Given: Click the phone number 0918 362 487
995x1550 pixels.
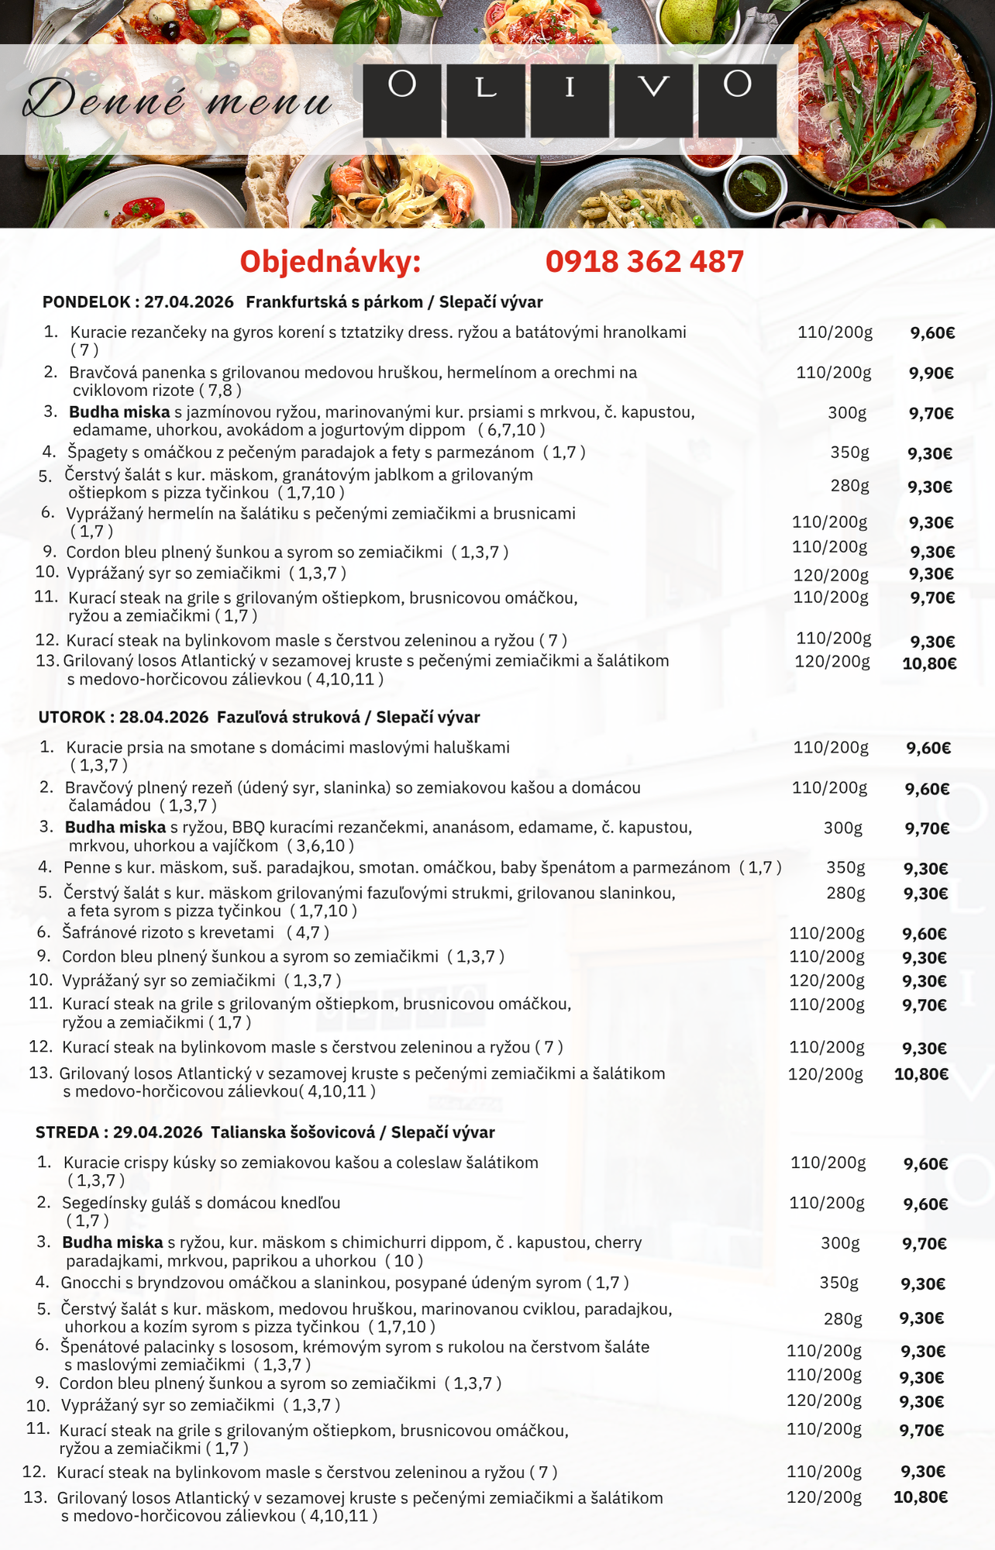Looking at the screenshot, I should tap(644, 262).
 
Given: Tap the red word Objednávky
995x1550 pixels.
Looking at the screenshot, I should tap(329, 262).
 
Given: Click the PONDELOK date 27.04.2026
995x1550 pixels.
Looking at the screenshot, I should tap(188, 302).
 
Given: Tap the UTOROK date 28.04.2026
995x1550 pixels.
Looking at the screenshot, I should tap(164, 718).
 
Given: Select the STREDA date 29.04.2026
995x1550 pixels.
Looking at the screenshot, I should tap(157, 1133).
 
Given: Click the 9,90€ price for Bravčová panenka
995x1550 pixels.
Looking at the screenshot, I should tap(931, 374).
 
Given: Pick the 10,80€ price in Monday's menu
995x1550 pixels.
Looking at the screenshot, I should tap(929, 663).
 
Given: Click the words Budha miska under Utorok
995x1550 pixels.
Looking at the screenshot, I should tap(115, 828).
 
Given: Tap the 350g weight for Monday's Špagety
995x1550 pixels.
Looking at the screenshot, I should tap(849, 453).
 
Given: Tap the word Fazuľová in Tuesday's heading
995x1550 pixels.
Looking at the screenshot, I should tap(250, 718).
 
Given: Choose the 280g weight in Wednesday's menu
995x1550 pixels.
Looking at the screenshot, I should tap(842, 1319).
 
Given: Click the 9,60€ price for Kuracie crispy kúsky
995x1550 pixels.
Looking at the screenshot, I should tap(925, 1164).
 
